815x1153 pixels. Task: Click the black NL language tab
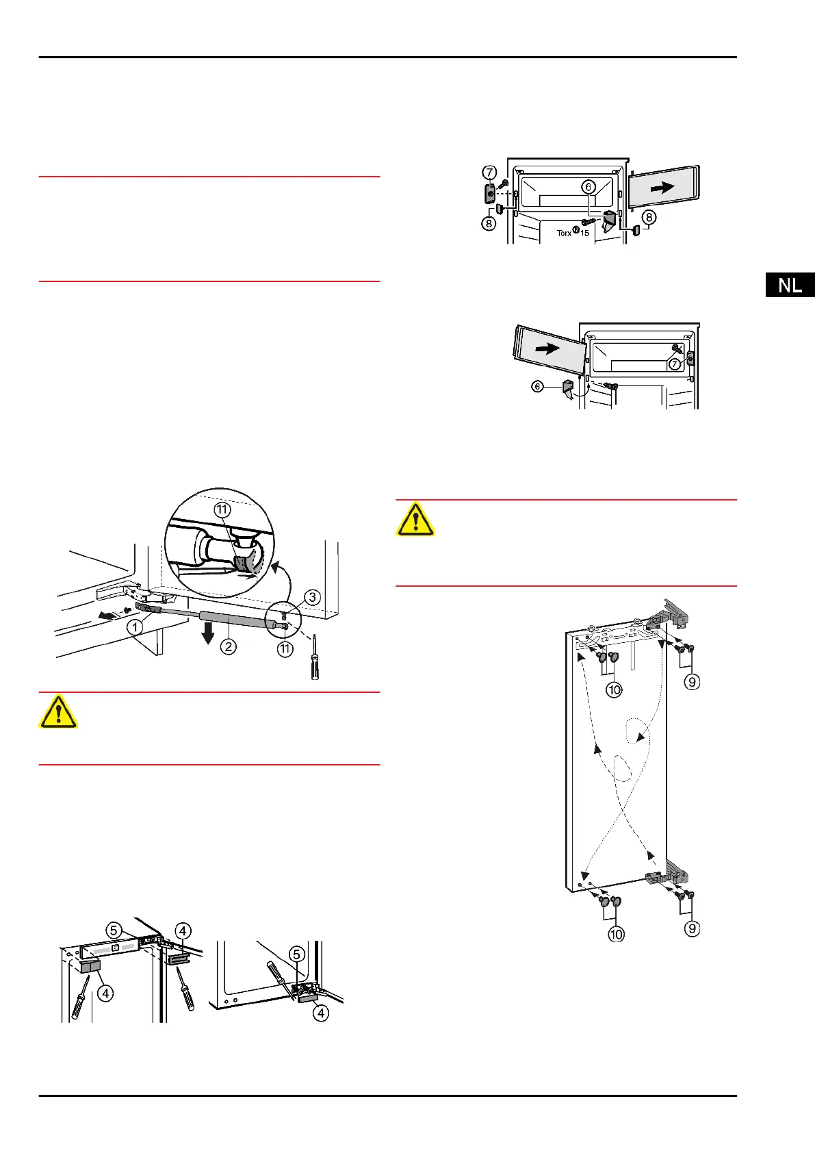click(x=790, y=285)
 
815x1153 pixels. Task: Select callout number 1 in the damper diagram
click(x=135, y=626)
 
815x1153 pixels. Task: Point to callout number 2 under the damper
click(x=228, y=646)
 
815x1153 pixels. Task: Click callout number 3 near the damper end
click(x=312, y=597)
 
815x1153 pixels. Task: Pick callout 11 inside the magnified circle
click(x=222, y=509)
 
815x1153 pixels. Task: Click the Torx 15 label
click(x=573, y=233)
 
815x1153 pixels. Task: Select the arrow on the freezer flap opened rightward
click(x=662, y=187)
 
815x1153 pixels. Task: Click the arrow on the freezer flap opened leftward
click(x=547, y=349)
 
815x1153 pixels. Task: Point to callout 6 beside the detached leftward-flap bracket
click(x=538, y=387)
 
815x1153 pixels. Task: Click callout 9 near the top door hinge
click(x=693, y=681)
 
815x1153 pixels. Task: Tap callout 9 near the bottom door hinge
click(x=693, y=928)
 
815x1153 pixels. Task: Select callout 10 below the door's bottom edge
click(x=616, y=934)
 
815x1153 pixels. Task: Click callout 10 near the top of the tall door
click(x=614, y=689)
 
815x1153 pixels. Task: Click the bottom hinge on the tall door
click(x=667, y=876)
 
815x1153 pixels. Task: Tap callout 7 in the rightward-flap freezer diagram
click(x=490, y=173)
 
